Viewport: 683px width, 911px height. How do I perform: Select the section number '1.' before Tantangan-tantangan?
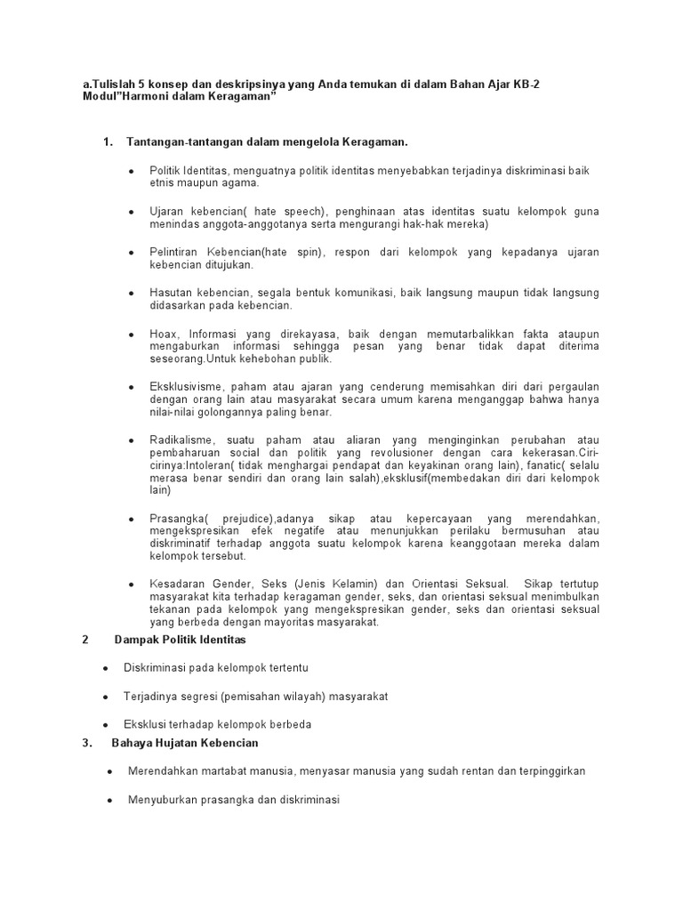109,142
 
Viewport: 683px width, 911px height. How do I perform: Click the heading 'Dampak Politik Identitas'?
180,640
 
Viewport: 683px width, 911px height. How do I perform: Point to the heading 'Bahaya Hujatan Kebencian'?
184,743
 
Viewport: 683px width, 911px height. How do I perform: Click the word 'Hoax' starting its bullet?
163,334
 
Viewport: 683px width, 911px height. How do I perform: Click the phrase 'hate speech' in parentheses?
288,212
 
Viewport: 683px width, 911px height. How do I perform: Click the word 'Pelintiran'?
174,253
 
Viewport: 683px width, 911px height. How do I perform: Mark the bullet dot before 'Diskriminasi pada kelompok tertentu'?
105,668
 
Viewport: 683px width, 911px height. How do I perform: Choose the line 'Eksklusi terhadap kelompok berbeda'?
218,724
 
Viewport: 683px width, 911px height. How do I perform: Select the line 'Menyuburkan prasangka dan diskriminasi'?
235,800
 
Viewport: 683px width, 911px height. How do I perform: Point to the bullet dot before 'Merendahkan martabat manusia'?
109,771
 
